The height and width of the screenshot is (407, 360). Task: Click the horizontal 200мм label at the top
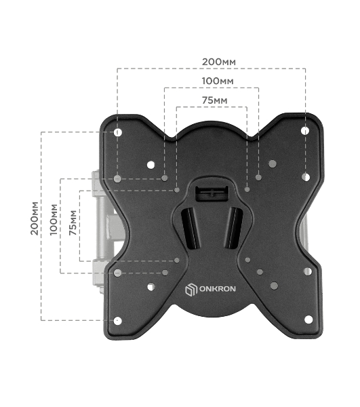[x=219, y=62]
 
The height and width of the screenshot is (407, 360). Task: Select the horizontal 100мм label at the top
[x=218, y=81]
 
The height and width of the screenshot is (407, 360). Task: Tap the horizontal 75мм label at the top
[x=214, y=100]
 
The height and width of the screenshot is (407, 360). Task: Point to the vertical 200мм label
[x=35, y=218]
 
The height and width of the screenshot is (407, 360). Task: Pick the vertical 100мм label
[x=54, y=220]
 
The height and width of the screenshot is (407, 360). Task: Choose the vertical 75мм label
[x=73, y=222]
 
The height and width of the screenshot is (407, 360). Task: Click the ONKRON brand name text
[x=218, y=289]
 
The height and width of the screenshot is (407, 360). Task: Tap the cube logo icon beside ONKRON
[x=191, y=290]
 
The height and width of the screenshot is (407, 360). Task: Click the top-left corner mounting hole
[x=118, y=132]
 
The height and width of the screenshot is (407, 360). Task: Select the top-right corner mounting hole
[x=305, y=130]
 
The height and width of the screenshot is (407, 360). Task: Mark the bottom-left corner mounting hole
[x=118, y=321]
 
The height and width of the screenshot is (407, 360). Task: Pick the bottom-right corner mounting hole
[x=308, y=319]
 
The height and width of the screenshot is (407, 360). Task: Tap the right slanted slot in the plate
[x=233, y=228]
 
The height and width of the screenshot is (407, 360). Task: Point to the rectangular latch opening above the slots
[x=212, y=193]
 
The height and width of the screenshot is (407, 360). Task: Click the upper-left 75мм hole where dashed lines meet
[x=177, y=190]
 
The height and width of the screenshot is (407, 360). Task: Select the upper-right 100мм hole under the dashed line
[x=258, y=177]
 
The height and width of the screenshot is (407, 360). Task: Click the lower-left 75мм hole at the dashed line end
[x=177, y=260]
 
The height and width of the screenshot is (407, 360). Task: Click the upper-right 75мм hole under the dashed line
[x=247, y=189]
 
